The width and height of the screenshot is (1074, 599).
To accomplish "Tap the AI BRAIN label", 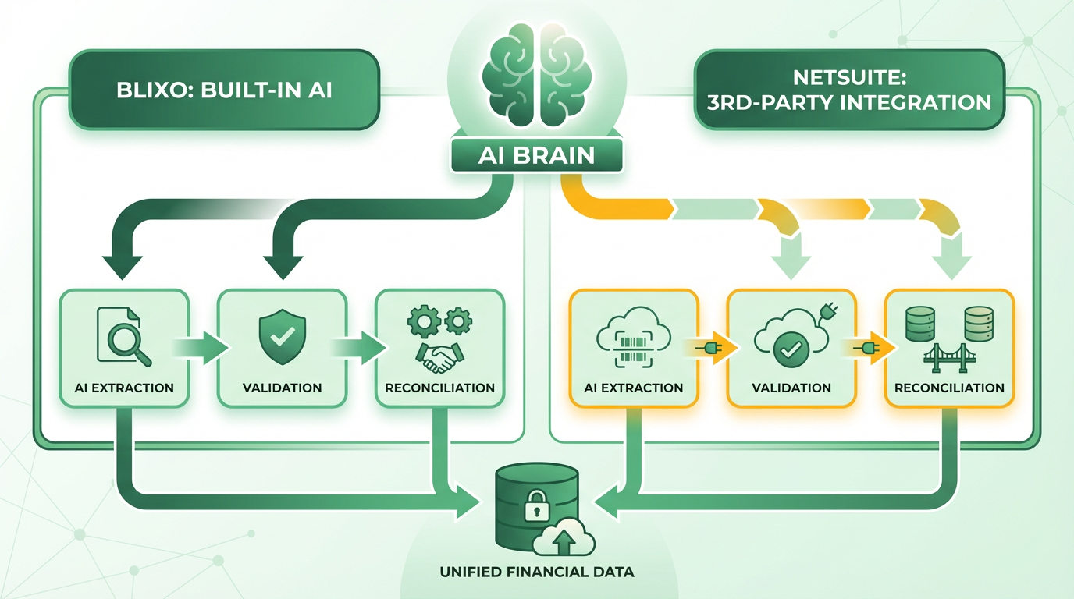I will coord(536,156).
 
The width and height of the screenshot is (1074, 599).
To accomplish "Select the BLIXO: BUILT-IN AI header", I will coord(224,89).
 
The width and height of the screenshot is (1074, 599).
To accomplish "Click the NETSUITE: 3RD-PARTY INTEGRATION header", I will coord(848,90).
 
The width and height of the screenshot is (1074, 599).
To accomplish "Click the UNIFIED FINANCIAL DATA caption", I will coord(537,572).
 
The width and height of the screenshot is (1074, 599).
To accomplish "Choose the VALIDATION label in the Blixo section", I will coord(281,388).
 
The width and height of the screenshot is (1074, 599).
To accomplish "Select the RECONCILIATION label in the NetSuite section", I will coord(949,388).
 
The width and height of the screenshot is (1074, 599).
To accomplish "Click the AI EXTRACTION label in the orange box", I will coord(633,388).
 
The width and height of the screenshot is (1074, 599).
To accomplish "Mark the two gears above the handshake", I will coord(439,320).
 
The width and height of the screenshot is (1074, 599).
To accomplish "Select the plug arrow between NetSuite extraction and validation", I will coord(711,348).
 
